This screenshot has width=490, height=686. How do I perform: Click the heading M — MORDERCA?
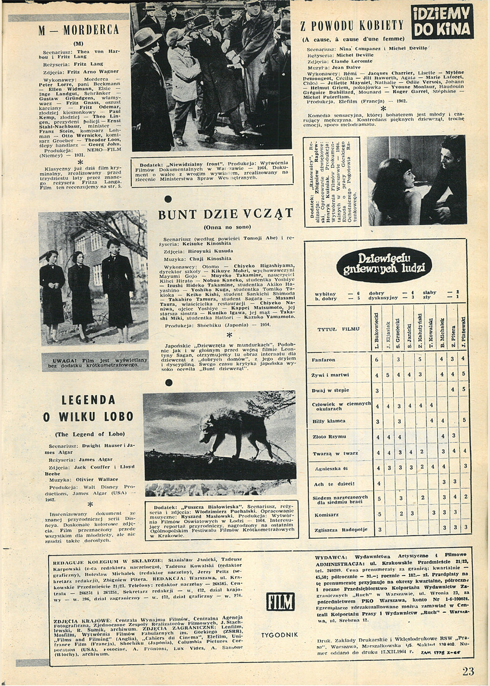point(79,30)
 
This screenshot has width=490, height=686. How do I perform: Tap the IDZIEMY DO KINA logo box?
point(442,21)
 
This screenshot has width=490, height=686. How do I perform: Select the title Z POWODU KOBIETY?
point(352,25)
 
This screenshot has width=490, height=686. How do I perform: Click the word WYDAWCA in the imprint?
point(332,556)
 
